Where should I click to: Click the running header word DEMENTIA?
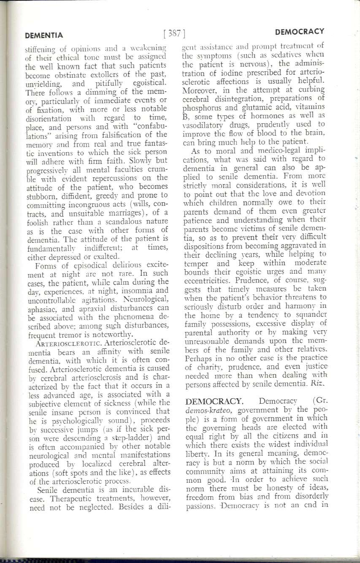click(x=44, y=35)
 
